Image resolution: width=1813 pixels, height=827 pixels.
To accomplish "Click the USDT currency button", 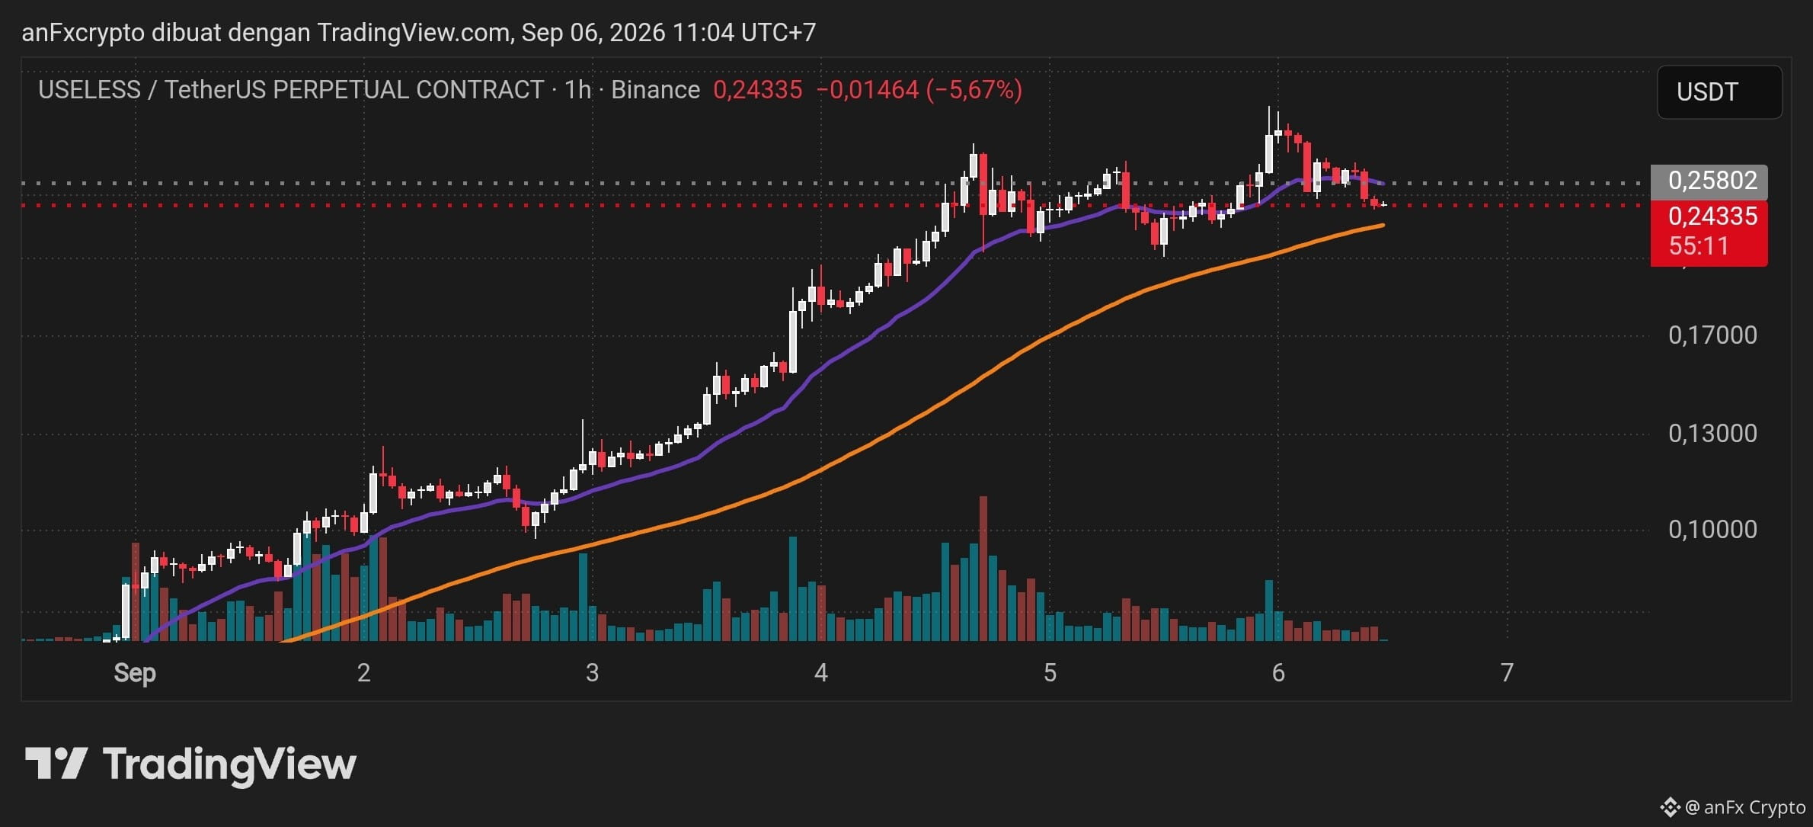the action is click(1719, 92).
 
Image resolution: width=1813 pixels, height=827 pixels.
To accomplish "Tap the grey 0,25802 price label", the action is click(1709, 181).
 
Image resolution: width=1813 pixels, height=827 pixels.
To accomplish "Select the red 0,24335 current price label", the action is click(1709, 216).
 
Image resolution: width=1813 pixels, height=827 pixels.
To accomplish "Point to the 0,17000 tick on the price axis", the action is click(1712, 335).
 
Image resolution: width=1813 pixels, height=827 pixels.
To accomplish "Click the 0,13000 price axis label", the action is click(1712, 433).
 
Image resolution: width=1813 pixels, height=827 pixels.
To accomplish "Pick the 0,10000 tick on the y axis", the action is click(1712, 529).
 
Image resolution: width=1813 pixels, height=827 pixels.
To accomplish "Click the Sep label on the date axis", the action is click(135, 673).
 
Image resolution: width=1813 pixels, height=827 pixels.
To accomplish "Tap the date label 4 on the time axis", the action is click(820, 672).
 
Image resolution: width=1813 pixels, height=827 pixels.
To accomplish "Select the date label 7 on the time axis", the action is click(1506, 672).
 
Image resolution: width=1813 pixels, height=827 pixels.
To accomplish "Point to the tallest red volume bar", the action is click(983, 569).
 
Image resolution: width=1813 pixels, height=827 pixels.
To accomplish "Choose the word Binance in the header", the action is click(655, 90).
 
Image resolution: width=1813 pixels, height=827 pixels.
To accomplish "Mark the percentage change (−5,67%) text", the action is click(974, 90).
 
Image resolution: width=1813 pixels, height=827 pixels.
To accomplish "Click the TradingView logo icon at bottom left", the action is click(56, 763).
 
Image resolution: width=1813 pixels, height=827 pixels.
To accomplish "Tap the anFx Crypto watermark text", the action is click(1754, 807).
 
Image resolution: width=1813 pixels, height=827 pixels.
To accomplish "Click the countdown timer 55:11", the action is click(1699, 246).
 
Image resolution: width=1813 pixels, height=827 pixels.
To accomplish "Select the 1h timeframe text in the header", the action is click(577, 90).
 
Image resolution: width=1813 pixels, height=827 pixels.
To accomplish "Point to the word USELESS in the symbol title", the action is click(90, 90).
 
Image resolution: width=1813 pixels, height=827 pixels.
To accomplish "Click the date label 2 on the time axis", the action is click(363, 672).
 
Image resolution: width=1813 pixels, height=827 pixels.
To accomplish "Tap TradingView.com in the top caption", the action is click(414, 33).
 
